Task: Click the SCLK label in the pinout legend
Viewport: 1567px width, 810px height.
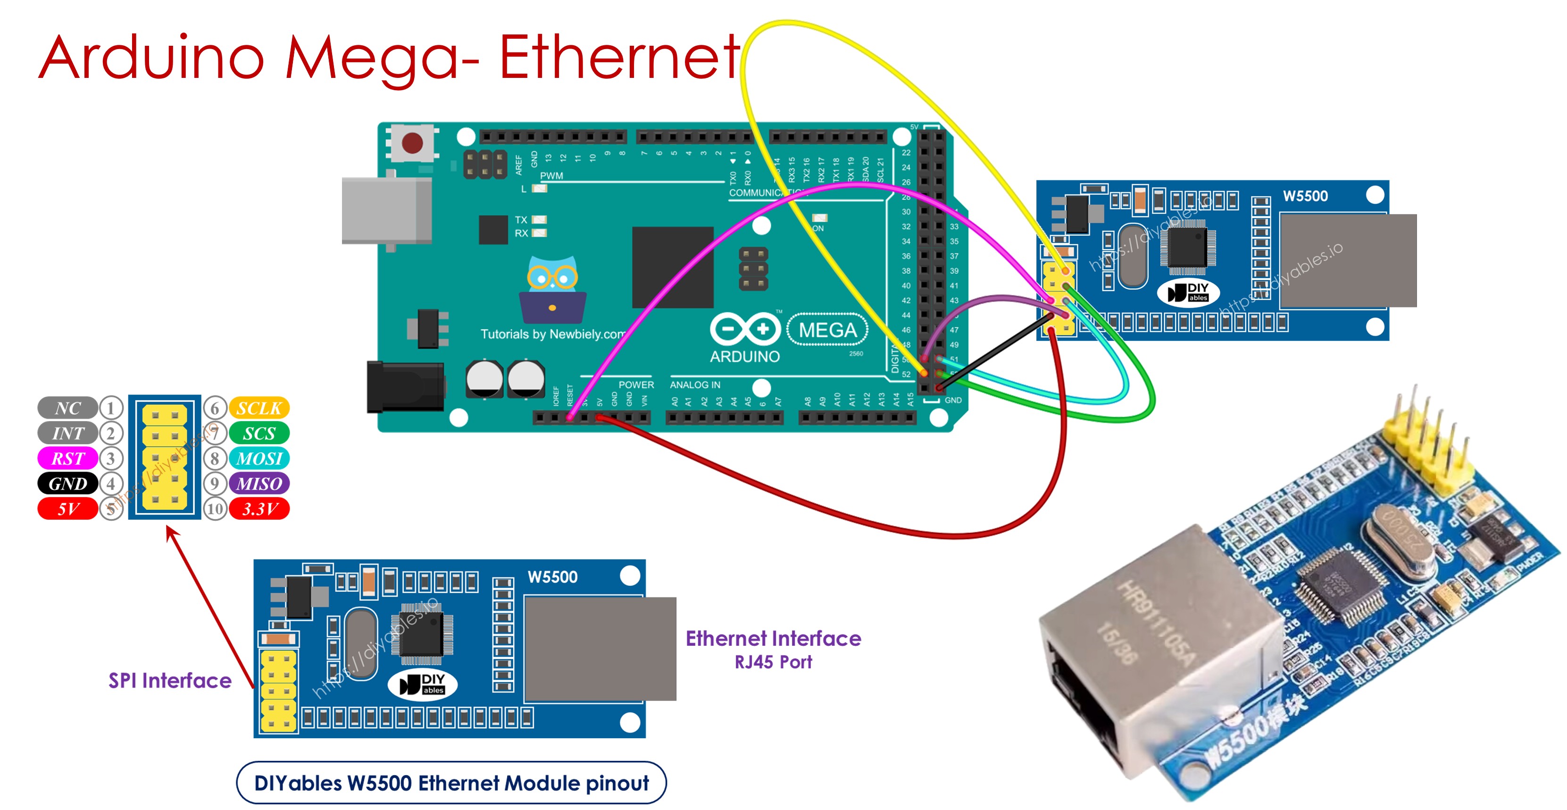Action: pos(259,408)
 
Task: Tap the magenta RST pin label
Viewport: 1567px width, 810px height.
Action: pos(67,458)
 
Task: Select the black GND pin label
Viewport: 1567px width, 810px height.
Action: pos(67,484)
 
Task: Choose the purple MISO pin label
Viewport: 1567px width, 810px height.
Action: pos(259,484)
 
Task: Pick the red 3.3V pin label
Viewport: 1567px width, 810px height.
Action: pos(259,509)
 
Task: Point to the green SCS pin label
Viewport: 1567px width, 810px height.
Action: pos(259,433)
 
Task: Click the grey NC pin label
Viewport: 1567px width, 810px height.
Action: pos(67,408)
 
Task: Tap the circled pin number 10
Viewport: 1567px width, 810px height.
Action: pos(215,509)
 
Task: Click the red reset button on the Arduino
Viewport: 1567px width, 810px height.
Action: pos(412,143)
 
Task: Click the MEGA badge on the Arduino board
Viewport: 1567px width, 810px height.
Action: pos(827,330)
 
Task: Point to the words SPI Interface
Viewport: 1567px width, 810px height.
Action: pos(170,680)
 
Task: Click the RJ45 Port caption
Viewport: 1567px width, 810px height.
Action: pos(773,662)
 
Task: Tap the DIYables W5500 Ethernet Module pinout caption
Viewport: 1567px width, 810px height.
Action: pos(451,783)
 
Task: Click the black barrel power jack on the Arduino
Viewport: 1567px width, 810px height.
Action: pos(405,387)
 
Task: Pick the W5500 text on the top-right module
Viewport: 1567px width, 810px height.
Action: pos(1305,196)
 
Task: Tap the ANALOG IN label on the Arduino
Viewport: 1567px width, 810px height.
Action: pos(695,385)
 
